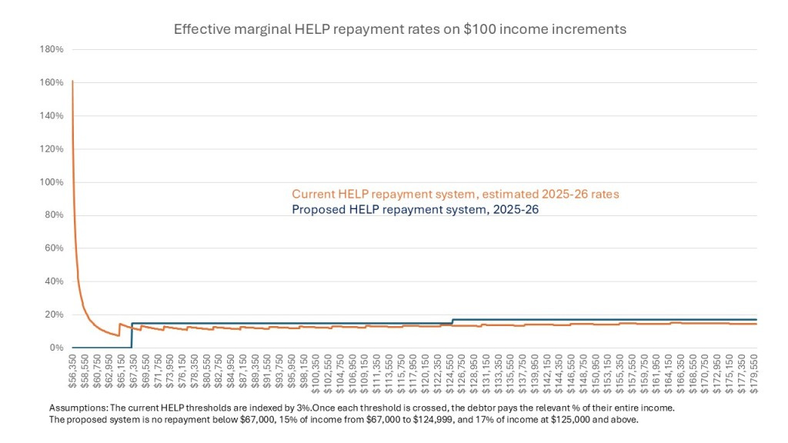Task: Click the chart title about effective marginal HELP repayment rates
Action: pyautogui.click(x=399, y=30)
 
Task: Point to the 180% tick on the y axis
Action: pyautogui.click(x=52, y=50)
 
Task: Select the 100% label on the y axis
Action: pyautogui.click(x=52, y=182)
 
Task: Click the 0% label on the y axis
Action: pyautogui.click(x=56, y=348)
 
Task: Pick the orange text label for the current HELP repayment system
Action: pyautogui.click(x=455, y=195)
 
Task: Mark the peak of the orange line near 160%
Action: pyautogui.click(x=72, y=81)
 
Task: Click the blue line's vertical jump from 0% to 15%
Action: pyautogui.click(x=132, y=335)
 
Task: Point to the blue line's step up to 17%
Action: pyautogui.click(x=452, y=321)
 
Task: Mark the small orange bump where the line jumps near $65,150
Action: pyautogui.click(x=120, y=325)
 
